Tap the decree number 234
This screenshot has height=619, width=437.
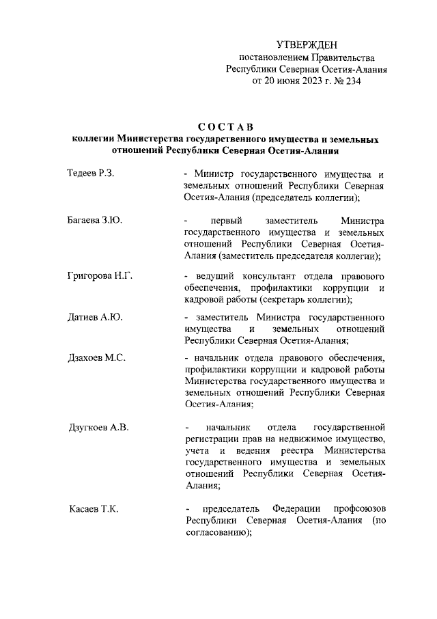point(351,81)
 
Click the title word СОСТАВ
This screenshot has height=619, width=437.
point(225,126)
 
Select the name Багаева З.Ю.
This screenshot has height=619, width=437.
point(95,220)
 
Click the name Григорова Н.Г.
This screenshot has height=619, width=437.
point(100,275)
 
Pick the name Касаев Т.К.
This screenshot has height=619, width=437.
point(94,509)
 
